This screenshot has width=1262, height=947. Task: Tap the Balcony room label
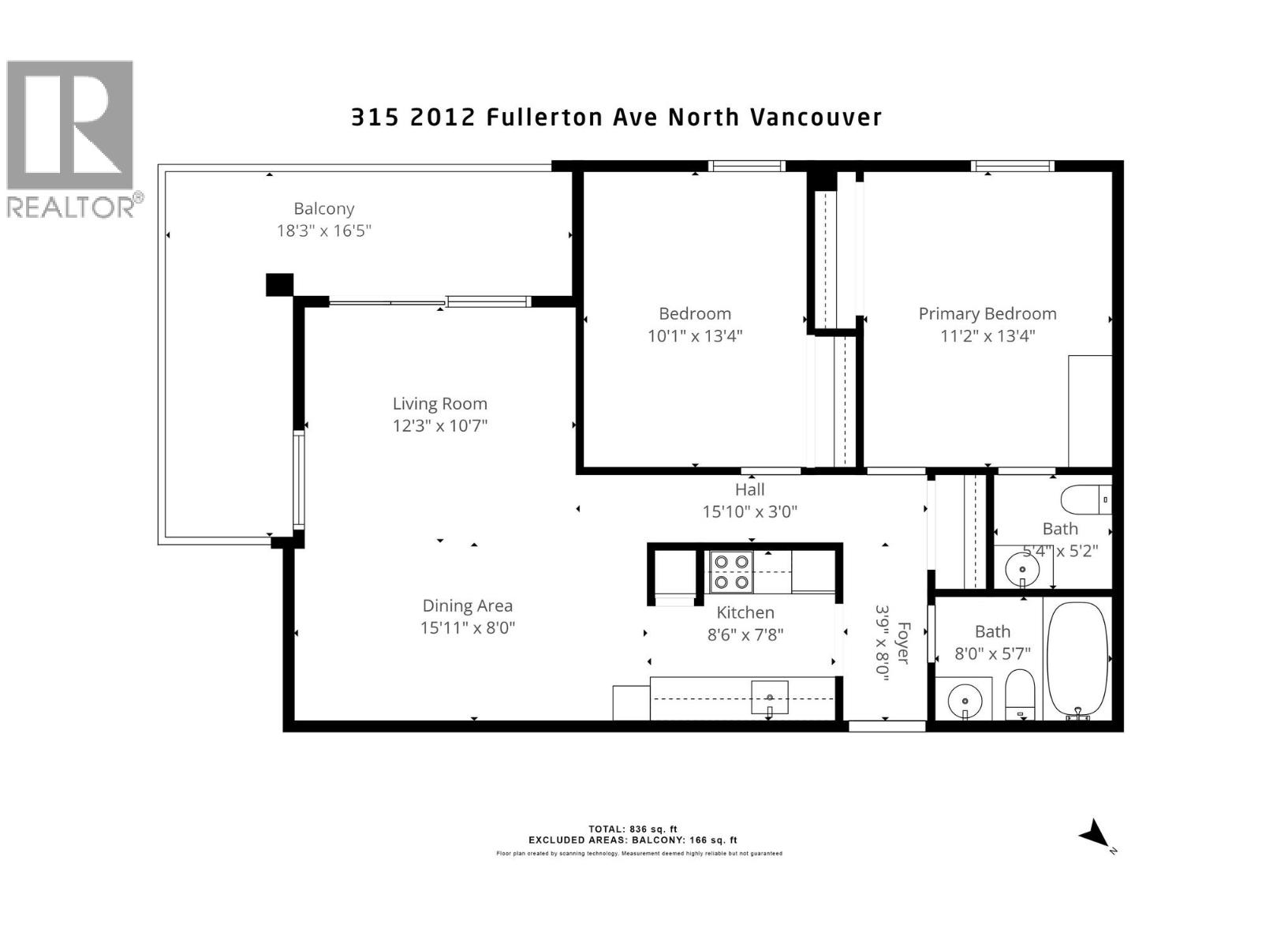pos(323,209)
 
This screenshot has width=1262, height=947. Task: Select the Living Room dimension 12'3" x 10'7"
pos(440,426)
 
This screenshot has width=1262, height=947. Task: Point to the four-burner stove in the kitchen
pos(730,572)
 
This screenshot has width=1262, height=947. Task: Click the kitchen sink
pos(770,698)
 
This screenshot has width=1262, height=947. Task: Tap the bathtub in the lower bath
pos(1077,658)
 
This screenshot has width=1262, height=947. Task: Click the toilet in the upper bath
pos(1085,500)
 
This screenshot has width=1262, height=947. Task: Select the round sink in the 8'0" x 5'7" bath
pos(964,699)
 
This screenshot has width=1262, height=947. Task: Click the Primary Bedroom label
pos(987,314)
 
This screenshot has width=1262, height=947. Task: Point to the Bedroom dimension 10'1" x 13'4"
pos(695,336)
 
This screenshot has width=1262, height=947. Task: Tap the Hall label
pos(749,490)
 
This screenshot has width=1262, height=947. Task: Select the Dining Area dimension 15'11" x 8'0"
pos(468,628)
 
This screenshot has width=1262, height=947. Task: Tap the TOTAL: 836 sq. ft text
pos(633,829)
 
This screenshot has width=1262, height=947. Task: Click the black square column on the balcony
pos(279,284)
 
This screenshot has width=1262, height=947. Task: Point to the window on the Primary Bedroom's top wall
pos(1013,166)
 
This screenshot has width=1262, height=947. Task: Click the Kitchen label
pos(745,612)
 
